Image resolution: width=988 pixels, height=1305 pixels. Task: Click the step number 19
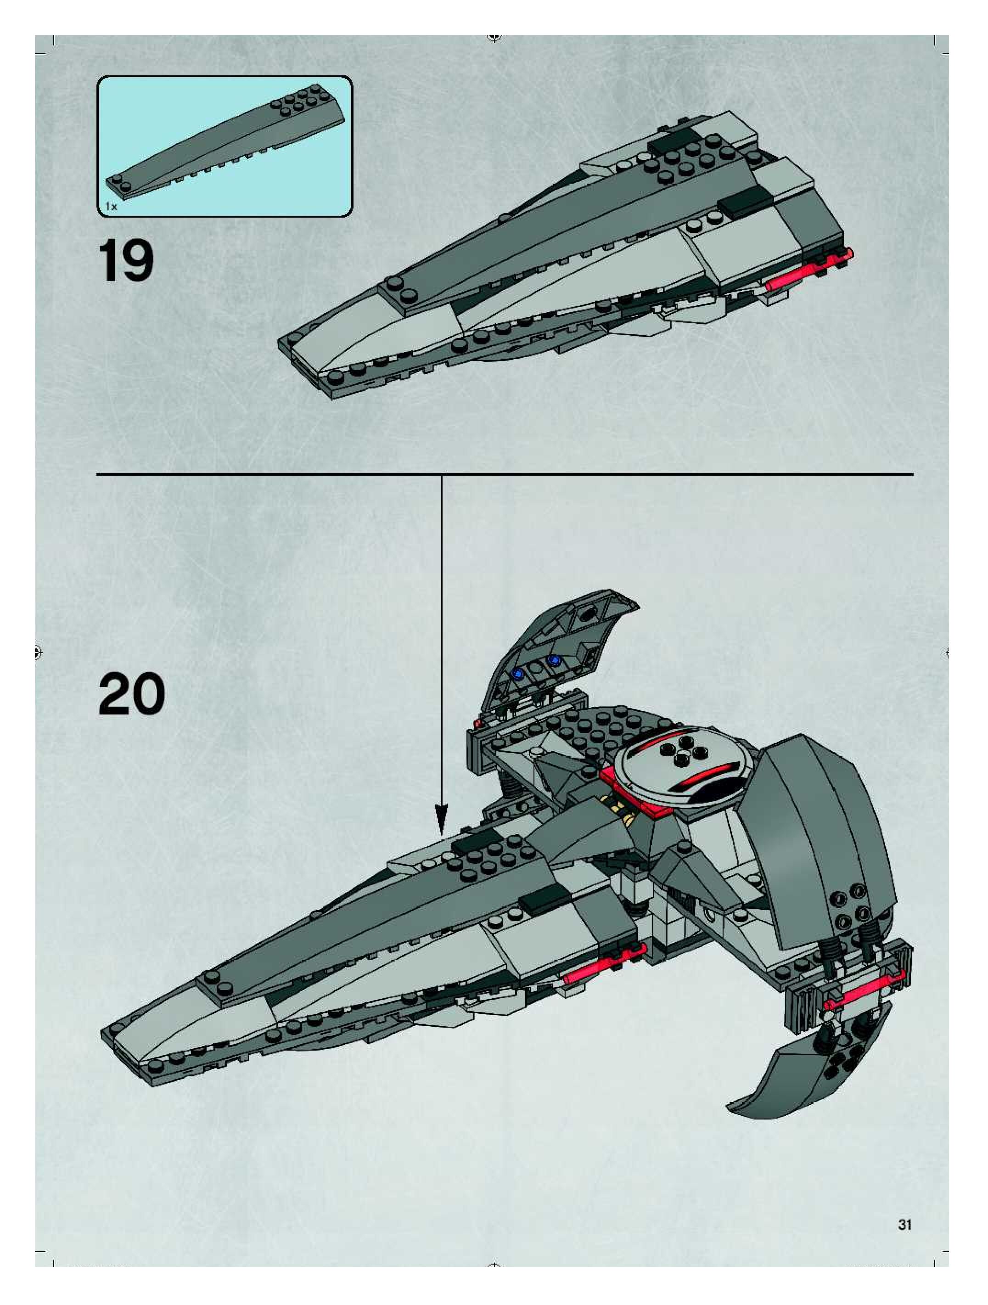click(x=126, y=261)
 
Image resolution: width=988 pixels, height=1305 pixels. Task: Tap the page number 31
click(x=904, y=1225)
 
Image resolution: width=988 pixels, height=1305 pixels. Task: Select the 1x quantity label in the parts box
click(x=111, y=207)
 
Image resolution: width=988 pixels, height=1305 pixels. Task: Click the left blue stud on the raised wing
click(x=518, y=673)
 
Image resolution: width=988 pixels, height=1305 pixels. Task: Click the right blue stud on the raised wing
click(x=553, y=659)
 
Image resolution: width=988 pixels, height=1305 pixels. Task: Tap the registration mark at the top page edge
click(x=494, y=38)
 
